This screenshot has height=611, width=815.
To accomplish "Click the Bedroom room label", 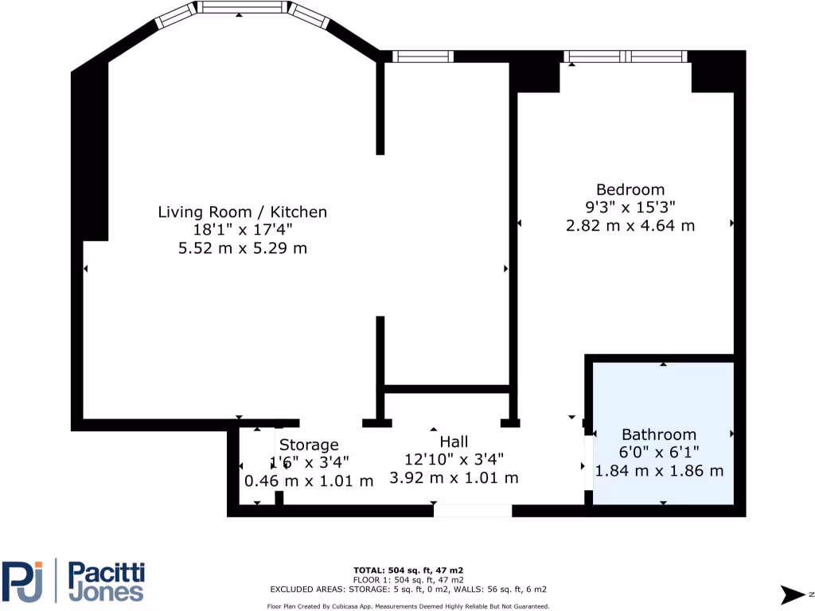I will click(630, 189).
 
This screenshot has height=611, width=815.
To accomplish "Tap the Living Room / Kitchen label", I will click(242, 212).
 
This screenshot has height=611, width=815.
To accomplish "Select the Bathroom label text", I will click(658, 434).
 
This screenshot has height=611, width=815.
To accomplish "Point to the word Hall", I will click(454, 442).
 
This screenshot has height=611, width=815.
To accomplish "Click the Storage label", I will click(309, 445).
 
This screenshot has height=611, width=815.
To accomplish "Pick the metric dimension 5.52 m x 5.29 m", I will click(242, 248).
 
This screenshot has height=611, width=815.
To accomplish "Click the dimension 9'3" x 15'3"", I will click(630, 207).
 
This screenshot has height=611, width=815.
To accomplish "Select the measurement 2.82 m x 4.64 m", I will click(630, 225).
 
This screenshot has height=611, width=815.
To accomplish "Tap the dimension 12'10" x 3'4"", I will click(454, 459).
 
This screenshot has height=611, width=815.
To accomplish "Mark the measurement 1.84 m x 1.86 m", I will click(660, 470).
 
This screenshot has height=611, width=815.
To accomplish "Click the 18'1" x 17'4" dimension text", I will click(242, 230).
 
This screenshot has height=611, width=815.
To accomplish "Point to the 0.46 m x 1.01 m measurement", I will click(309, 481).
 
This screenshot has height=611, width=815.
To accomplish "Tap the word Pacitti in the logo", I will click(105, 573).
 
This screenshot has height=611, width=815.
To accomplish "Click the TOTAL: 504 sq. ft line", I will click(408, 570).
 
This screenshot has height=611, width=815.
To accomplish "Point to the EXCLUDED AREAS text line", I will click(408, 590).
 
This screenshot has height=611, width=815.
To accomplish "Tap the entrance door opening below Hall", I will click(473, 510).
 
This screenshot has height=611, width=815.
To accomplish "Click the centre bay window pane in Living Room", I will click(241, 7).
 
